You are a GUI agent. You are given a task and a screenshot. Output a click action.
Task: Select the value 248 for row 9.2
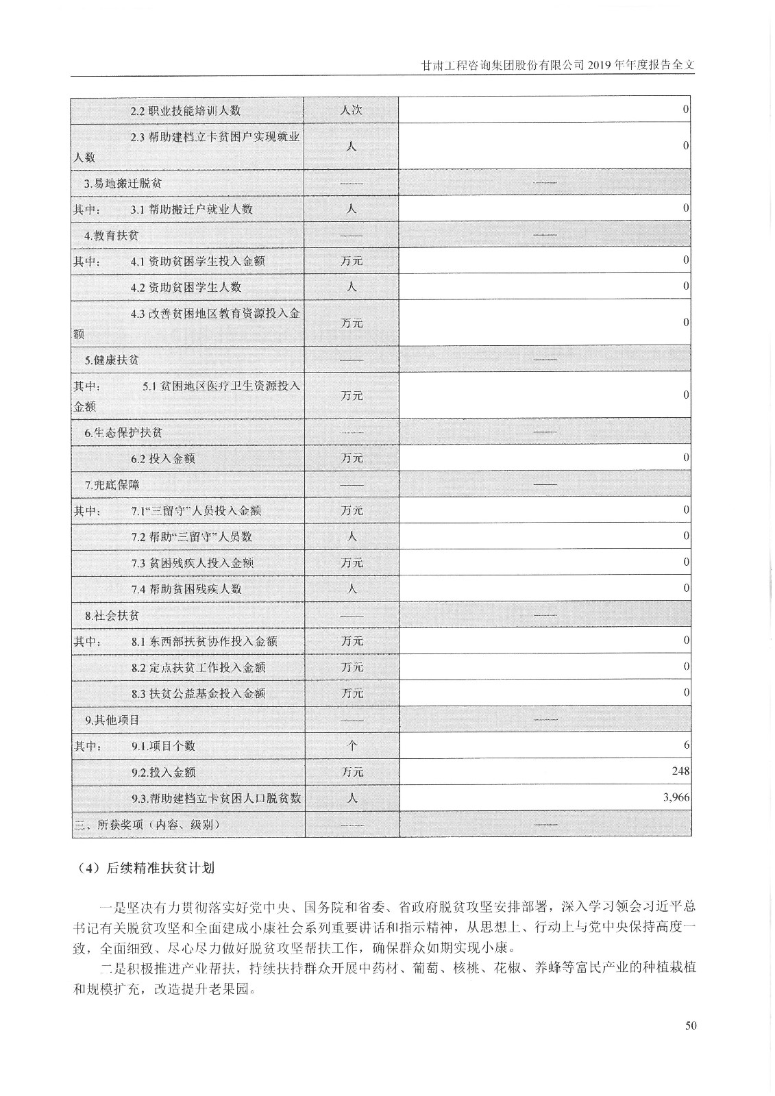680,771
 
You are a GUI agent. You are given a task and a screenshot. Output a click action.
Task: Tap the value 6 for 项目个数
686,745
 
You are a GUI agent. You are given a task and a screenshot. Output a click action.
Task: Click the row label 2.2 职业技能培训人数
186,110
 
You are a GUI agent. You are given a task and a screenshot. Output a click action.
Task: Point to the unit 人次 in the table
351,110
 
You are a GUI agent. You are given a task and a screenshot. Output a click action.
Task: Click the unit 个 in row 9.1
352,746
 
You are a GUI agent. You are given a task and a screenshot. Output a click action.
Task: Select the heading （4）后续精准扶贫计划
147,868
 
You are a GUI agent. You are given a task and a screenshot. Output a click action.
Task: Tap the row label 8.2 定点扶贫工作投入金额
198,667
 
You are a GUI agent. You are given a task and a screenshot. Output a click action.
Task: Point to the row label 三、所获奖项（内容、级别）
147,825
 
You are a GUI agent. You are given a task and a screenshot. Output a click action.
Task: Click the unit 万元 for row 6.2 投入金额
352,458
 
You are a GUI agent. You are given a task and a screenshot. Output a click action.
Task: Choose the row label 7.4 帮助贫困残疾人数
186,589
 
